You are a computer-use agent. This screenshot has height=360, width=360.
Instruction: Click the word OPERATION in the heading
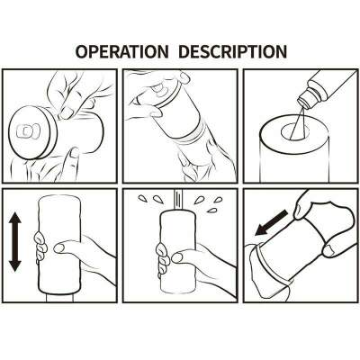121,51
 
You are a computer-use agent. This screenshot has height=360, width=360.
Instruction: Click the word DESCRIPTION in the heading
233,51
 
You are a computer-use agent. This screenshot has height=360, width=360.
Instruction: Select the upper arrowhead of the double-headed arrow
15,219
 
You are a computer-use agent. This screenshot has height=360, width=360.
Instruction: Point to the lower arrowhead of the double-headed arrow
15,265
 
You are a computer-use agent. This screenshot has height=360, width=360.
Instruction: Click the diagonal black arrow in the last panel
271,222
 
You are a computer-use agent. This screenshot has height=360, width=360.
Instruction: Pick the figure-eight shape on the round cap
28,130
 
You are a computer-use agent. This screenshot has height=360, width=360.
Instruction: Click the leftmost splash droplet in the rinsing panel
142,198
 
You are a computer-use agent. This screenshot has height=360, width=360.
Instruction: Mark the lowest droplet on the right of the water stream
212,210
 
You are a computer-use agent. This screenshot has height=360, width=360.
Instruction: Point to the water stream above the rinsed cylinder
178,200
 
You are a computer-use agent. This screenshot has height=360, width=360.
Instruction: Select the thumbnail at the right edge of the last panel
330,248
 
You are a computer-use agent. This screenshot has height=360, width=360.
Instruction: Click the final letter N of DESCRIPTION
281,51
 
